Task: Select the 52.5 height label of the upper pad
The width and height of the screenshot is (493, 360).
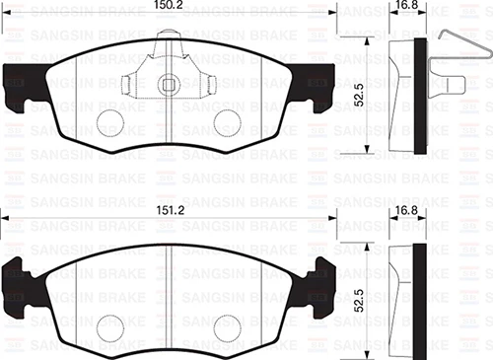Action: point(361,97)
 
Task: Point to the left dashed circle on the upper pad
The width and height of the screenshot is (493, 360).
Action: point(111,121)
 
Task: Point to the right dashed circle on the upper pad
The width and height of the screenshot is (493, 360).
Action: point(228,121)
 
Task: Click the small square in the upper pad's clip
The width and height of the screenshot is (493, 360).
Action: point(170,84)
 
